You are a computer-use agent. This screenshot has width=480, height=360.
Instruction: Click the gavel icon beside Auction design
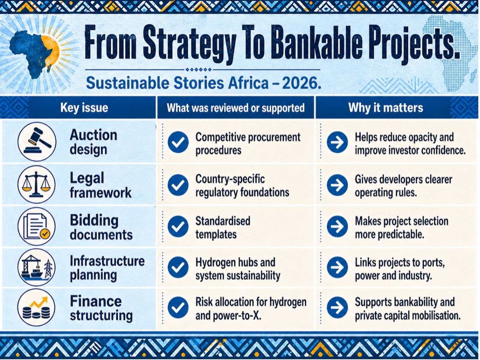click(37, 142)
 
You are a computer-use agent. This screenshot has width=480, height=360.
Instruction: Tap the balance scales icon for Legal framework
click(36, 185)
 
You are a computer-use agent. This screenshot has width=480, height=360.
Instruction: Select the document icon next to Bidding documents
click(36, 226)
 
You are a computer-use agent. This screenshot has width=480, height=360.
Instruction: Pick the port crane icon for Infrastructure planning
click(36, 267)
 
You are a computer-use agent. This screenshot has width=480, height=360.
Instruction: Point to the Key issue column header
click(84, 108)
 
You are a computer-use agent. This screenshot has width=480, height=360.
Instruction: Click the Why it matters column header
click(386, 108)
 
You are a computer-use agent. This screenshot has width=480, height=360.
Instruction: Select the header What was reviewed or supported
click(235, 108)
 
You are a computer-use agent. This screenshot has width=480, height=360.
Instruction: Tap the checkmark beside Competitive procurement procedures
click(178, 142)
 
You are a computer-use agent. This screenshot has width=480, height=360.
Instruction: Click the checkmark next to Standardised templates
click(178, 226)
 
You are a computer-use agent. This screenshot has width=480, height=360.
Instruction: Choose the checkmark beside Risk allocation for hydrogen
click(178, 307)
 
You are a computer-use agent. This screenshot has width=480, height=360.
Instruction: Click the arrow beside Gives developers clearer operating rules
click(337, 185)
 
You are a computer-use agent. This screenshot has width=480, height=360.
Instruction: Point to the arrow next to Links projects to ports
click(337, 267)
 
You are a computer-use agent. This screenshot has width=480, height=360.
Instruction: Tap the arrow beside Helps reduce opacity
click(337, 142)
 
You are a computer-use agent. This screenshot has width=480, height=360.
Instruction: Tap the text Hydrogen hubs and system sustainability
click(238, 269)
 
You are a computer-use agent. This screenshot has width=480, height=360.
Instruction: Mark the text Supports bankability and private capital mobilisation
click(408, 309)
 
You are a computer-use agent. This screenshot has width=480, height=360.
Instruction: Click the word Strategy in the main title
click(189, 43)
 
